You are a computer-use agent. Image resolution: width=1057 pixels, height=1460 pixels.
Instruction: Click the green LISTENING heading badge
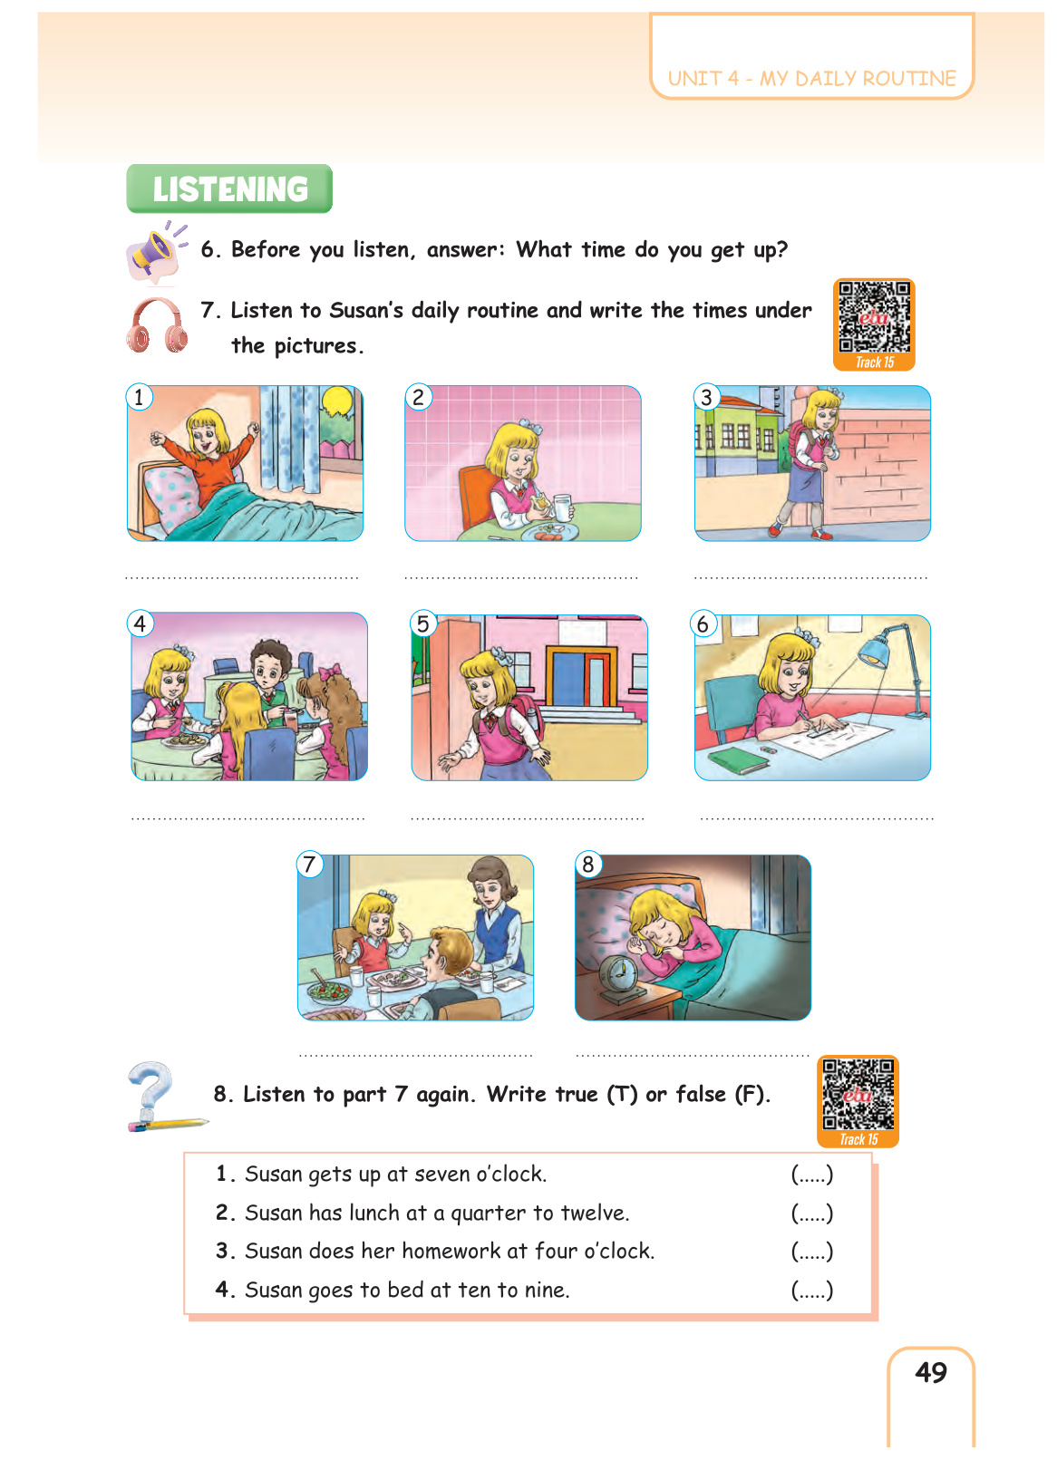point(228,189)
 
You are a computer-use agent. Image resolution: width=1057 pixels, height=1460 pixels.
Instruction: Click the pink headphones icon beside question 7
point(157,326)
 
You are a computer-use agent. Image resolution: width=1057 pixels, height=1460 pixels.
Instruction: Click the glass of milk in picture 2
point(562,508)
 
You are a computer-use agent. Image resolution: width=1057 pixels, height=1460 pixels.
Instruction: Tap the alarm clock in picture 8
point(619,979)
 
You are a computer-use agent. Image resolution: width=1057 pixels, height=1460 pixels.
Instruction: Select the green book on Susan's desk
point(738,760)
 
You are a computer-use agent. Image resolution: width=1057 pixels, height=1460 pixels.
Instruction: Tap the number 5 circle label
point(423,624)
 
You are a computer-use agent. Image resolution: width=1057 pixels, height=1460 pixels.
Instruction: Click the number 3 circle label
point(706,397)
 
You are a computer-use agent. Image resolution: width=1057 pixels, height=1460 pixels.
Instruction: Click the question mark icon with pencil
point(160,1097)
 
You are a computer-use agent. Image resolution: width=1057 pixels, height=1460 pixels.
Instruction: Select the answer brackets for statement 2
point(812,1213)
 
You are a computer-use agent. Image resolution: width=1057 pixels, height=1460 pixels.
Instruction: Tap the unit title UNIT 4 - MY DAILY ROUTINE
point(812,78)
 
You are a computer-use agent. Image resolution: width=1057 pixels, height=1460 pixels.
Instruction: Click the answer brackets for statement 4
point(812,1290)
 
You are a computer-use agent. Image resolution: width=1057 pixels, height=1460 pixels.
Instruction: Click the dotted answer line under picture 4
point(247,818)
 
